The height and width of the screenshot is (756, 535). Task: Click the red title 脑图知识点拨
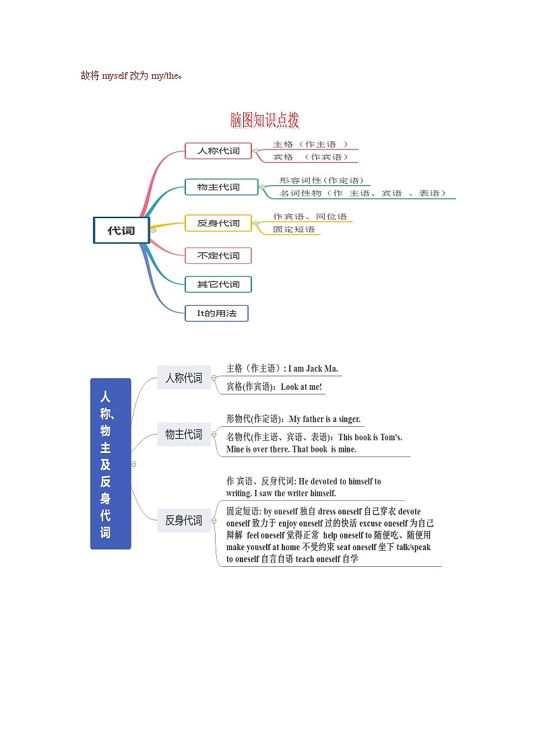pyautogui.click(x=264, y=121)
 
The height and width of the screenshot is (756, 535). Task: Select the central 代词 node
pyautogui.click(x=121, y=230)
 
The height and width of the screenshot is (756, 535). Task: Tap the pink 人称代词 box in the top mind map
pyautogui.click(x=218, y=151)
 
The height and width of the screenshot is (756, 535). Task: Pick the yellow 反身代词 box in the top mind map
pyautogui.click(x=218, y=223)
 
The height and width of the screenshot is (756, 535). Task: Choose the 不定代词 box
pyautogui.click(x=218, y=255)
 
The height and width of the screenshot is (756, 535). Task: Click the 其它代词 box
pyautogui.click(x=218, y=284)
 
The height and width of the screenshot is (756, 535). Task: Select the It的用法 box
pyautogui.click(x=216, y=313)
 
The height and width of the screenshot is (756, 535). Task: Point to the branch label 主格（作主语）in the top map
pyautogui.click(x=311, y=144)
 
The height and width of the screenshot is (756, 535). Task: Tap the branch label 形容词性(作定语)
pyautogui.click(x=321, y=180)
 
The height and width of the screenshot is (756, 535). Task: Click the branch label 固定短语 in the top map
pyautogui.click(x=294, y=230)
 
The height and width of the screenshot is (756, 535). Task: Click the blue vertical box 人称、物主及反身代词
pyautogui.click(x=111, y=464)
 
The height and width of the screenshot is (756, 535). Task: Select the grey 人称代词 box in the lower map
pyautogui.click(x=184, y=378)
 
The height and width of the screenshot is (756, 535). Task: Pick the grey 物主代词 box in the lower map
pyautogui.click(x=184, y=434)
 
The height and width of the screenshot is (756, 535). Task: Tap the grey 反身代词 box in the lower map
pyautogui.click(x=184, y=520)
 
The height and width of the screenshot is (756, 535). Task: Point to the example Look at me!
pyautogui.click(x=301, y=387)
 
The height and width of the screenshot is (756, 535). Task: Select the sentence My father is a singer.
pyautogui.click(x=325, y=419)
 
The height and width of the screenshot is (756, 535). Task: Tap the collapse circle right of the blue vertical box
pyautogui.click(x=134, y=464)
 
